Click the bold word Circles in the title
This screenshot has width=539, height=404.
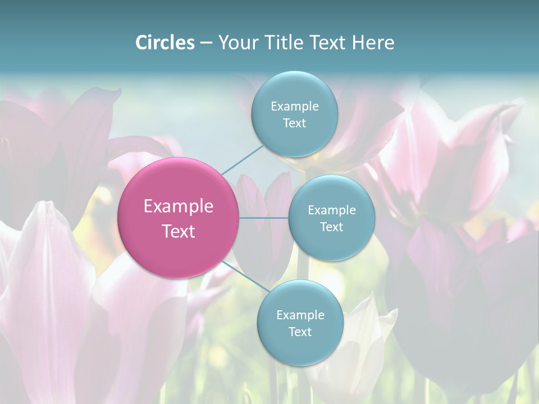click(x=165, y=43)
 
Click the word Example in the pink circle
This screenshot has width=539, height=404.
click(x=179, y=206)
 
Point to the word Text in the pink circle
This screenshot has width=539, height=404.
click(x=179, y=231)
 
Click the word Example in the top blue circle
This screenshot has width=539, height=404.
click(x=295, y=107)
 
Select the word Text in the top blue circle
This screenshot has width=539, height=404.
click(x=294, y=123)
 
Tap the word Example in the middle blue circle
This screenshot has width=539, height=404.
click(x=332, y=210)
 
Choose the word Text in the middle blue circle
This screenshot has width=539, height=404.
click(x=332, y=227)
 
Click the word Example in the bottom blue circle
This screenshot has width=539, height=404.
click(x=300, y=315)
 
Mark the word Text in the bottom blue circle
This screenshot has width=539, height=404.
click(x=300, y=332)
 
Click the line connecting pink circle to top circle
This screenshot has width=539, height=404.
click(x=243, y=159)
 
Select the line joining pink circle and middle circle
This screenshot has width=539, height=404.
click(x=264, y=218)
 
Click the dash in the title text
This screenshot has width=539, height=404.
click(x=206, y=43)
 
